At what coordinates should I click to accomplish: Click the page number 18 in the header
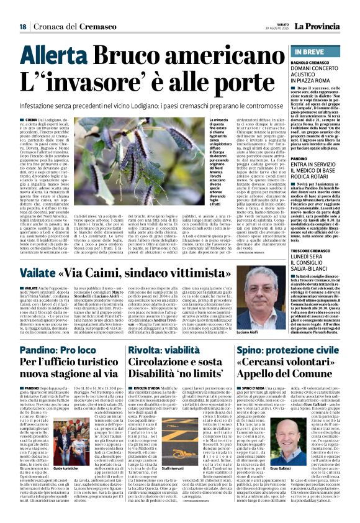(x=22, y=27)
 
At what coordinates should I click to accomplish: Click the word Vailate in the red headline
(x=39, y=257)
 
